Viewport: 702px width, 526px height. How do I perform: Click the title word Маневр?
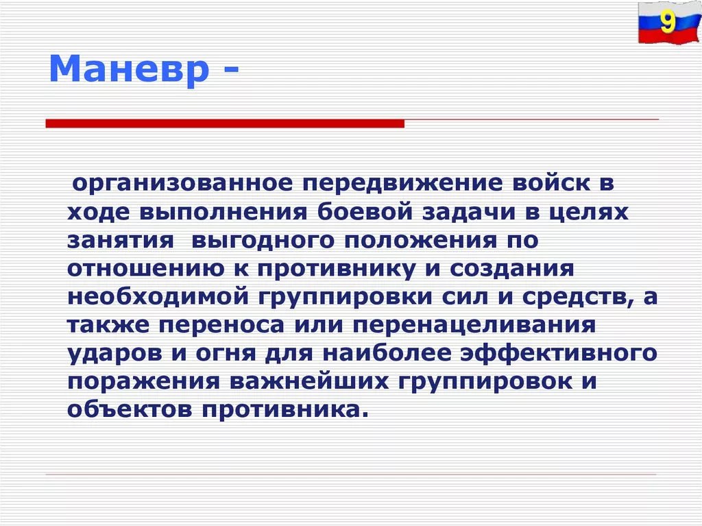pyautogui.click(x=129, y=69)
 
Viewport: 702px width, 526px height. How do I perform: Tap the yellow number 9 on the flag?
pyautogui.click(x=668, y=21)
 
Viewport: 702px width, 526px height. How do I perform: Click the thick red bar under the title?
pyautogui.click(x=225, y=123)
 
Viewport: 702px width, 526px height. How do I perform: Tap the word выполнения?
pyautogui.click(x=223, y=213)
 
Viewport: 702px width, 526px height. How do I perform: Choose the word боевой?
pyautogui.click(x=365, y=211)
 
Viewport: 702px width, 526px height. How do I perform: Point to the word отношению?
pyautogui.click(x=146, y=269)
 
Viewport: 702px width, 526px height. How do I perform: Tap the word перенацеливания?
pyautogui.click(x=474, y=326)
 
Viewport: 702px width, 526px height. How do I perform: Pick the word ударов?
pyautogui.click(x=114, y=355)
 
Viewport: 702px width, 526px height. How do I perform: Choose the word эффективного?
pyautogui.click(x=559, y=354)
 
